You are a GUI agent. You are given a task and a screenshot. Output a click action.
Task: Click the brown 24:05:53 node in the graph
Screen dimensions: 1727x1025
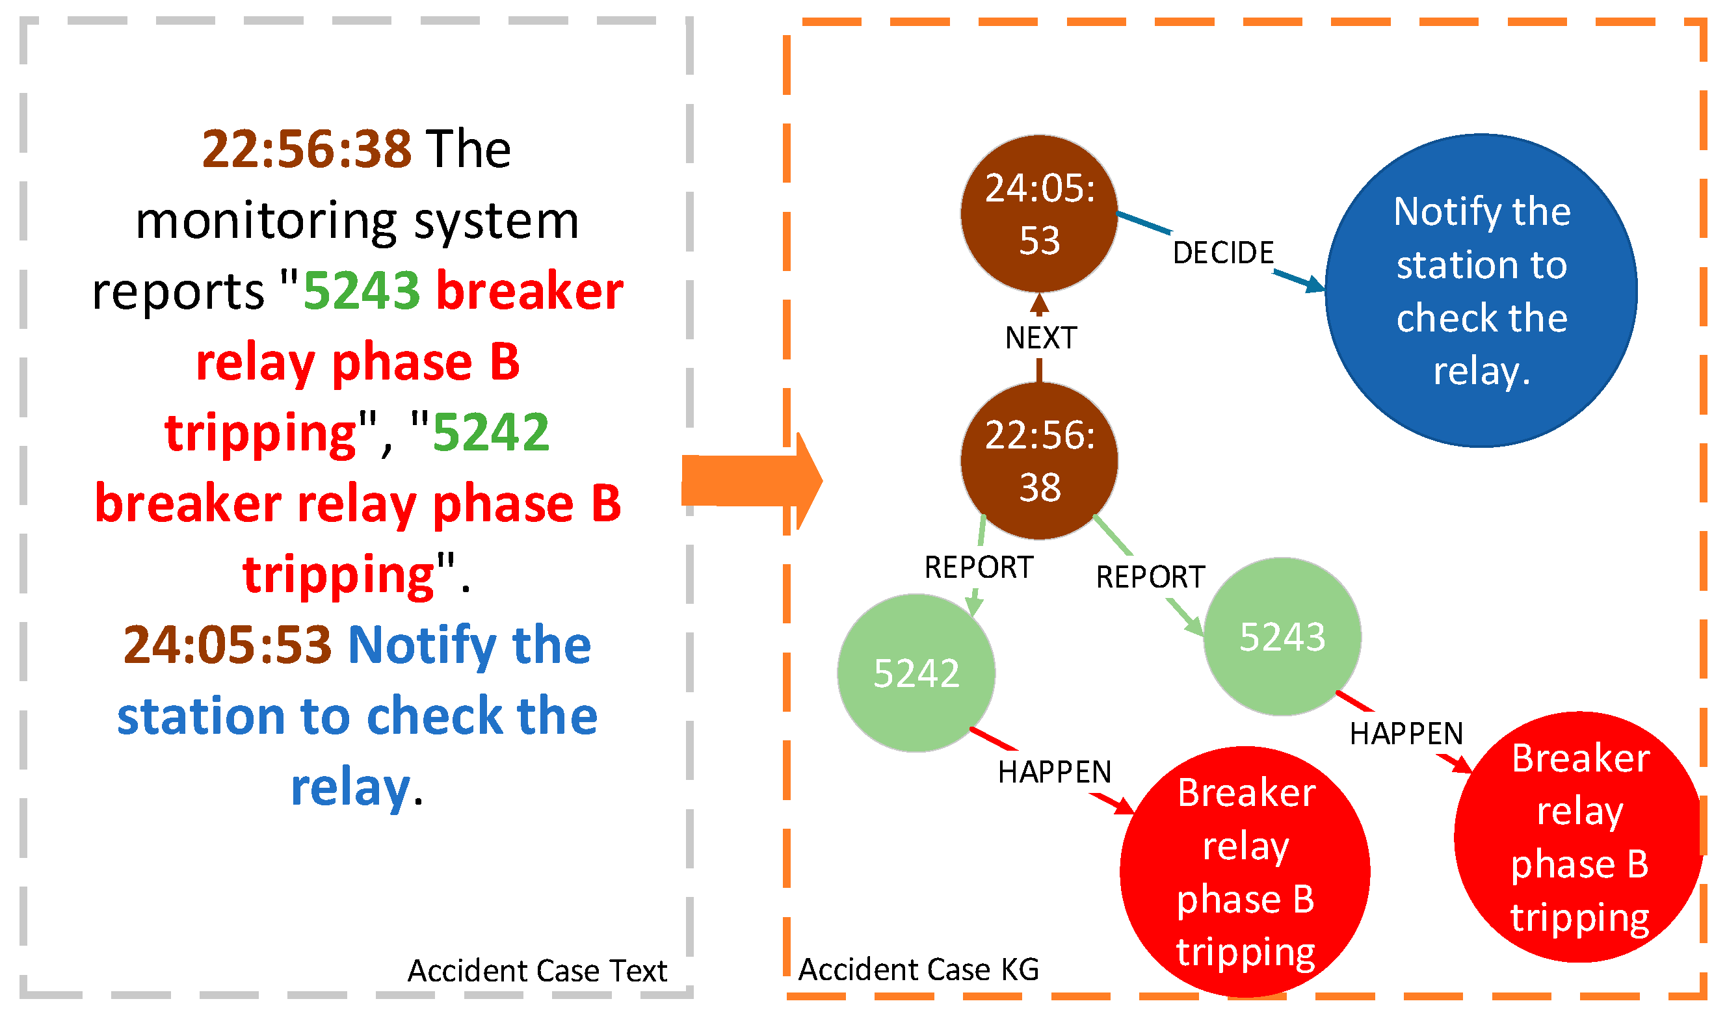[x=1039, y=214]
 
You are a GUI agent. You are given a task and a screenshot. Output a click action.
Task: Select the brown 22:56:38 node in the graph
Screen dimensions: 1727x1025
[x=1039, y=461]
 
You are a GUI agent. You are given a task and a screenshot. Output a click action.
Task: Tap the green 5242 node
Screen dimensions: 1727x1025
[x=916, y=673]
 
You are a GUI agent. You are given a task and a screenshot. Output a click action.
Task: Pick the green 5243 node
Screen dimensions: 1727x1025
[x=1282, y=636]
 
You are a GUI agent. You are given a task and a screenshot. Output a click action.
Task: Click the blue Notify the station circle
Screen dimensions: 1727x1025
[x=1481, y=291]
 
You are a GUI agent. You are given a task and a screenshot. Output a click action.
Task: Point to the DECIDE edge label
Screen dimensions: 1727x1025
[x=1222, y=253]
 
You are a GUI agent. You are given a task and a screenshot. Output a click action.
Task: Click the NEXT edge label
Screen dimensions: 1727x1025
[x=1040, y=338]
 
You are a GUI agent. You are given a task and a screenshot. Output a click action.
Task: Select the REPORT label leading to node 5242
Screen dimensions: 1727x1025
[x=978, y=567]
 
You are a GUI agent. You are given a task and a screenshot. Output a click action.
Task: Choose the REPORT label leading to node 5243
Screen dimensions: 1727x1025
[x=1150, y=577]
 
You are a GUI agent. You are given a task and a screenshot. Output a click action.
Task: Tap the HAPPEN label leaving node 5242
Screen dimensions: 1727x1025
[x=1055, y=772]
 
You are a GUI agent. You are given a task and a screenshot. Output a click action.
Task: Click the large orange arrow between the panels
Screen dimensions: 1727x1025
[x=752, y=481]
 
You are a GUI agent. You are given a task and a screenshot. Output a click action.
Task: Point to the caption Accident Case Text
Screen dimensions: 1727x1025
[x=538, y=970]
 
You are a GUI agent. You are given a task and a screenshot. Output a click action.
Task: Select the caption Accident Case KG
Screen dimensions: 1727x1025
[x=918, y=970]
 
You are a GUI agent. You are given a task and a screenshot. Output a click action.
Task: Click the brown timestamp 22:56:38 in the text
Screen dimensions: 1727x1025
[x=307, y=149]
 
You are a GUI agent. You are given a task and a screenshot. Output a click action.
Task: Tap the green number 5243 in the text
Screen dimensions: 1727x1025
[x=362, y=291]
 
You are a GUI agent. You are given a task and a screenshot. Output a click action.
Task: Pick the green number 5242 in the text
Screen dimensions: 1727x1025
[x=490, y=432]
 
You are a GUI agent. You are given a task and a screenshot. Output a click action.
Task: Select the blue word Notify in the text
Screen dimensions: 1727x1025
[x=422, y=646]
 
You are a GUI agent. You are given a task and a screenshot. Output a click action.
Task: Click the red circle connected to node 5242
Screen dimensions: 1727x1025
[x=1245, y=872]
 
